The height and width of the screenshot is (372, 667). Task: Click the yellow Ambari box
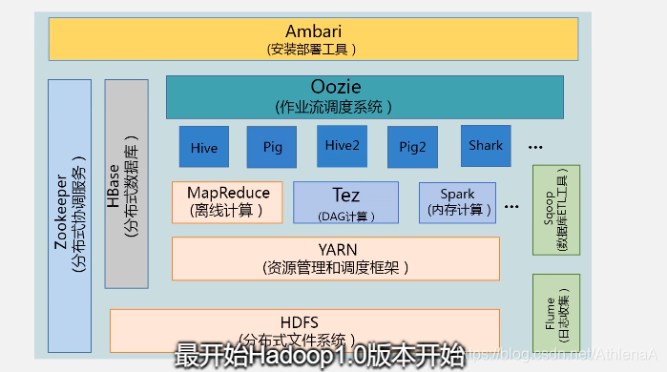314,39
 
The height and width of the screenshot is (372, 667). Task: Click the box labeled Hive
204,147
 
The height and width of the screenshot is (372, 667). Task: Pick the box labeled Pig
272,147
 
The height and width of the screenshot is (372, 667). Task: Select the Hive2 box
342,145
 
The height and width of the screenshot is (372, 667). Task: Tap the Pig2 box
411,147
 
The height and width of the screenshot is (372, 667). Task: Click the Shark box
486,145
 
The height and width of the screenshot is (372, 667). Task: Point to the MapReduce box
228,200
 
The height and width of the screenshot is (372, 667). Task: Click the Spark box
457,202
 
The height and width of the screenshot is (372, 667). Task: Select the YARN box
336,258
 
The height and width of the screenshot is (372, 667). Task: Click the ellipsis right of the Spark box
512,206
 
